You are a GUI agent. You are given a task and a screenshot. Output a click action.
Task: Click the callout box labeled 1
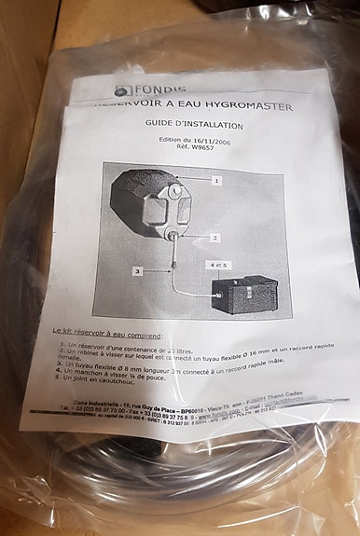216,179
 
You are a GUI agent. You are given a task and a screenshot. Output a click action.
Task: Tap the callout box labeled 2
214,237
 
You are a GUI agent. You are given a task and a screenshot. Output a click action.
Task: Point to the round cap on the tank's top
174,192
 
